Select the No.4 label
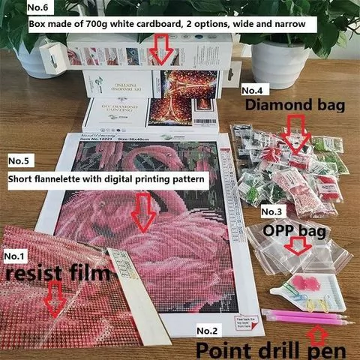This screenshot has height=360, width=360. [x=253, y=90]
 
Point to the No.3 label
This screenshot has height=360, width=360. [x=271, y=212]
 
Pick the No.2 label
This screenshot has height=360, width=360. [x=208, y=330]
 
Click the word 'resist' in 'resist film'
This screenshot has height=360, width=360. [x=33, y=275]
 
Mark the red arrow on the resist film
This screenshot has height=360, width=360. [x=53, y=301]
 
